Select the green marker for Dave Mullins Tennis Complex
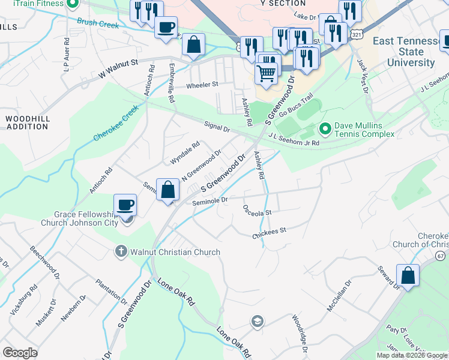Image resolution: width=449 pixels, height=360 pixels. (325, 128)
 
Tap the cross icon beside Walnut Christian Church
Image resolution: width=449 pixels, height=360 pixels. (121, 251)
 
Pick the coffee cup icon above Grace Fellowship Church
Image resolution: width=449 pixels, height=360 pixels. (125, 205)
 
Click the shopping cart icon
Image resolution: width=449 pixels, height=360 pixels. (267, 73)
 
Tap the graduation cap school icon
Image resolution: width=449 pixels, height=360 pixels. (258, 320)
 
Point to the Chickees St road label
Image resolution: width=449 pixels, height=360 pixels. (269, 232)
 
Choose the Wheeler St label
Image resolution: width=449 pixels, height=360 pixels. (201, 85)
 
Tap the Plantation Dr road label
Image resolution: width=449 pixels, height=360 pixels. (112, 291)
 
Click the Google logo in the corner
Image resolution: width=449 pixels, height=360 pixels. (20, 353)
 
